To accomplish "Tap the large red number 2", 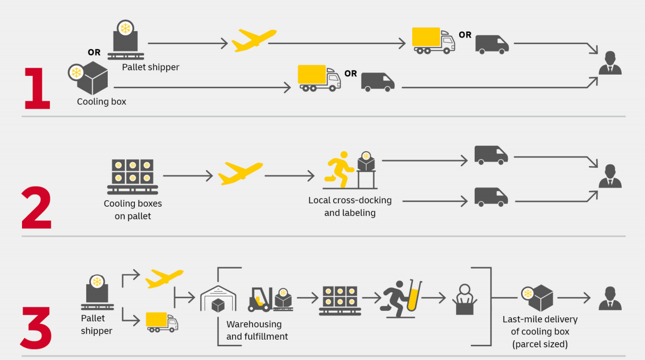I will pos(36,207).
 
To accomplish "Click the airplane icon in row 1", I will pos(254,41).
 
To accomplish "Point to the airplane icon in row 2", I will pos(240,173).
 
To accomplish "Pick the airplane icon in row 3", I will pos(164,278).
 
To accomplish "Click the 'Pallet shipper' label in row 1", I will pos(151,67).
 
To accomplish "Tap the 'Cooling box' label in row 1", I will pos(101,102).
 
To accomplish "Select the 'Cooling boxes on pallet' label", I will pos(133,210).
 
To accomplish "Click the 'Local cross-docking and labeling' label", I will pos(350,207).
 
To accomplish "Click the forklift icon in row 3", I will pos(261,299).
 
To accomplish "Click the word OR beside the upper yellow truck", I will pos(465,35).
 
